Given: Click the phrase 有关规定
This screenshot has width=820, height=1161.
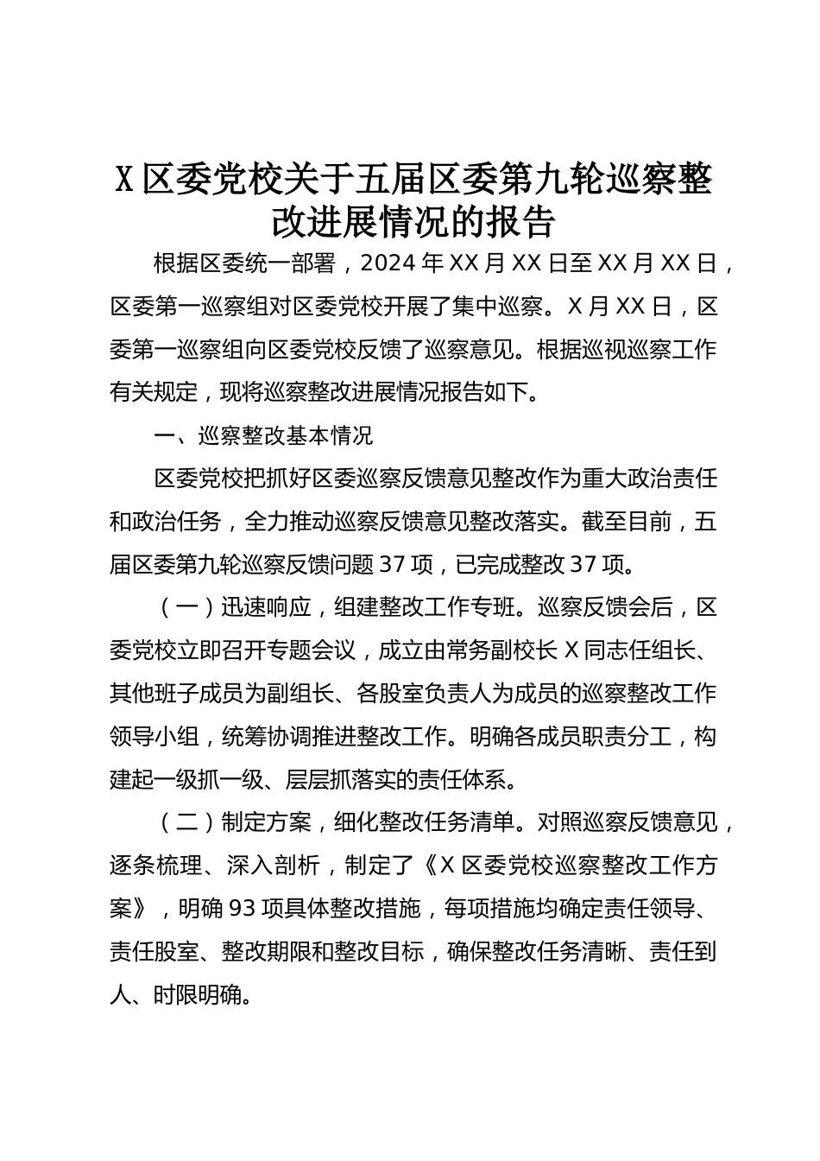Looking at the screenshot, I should pos(154,393).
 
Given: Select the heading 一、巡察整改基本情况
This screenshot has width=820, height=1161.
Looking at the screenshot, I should pos(263,435).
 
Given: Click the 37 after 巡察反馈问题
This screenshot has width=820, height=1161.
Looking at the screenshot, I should pos(394,565).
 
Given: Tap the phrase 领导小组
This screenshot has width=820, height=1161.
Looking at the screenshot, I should pos(154,737).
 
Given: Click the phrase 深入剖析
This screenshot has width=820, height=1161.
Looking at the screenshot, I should pos(274,866).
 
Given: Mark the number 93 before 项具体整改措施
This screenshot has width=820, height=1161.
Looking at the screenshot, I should pos(237,909).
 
